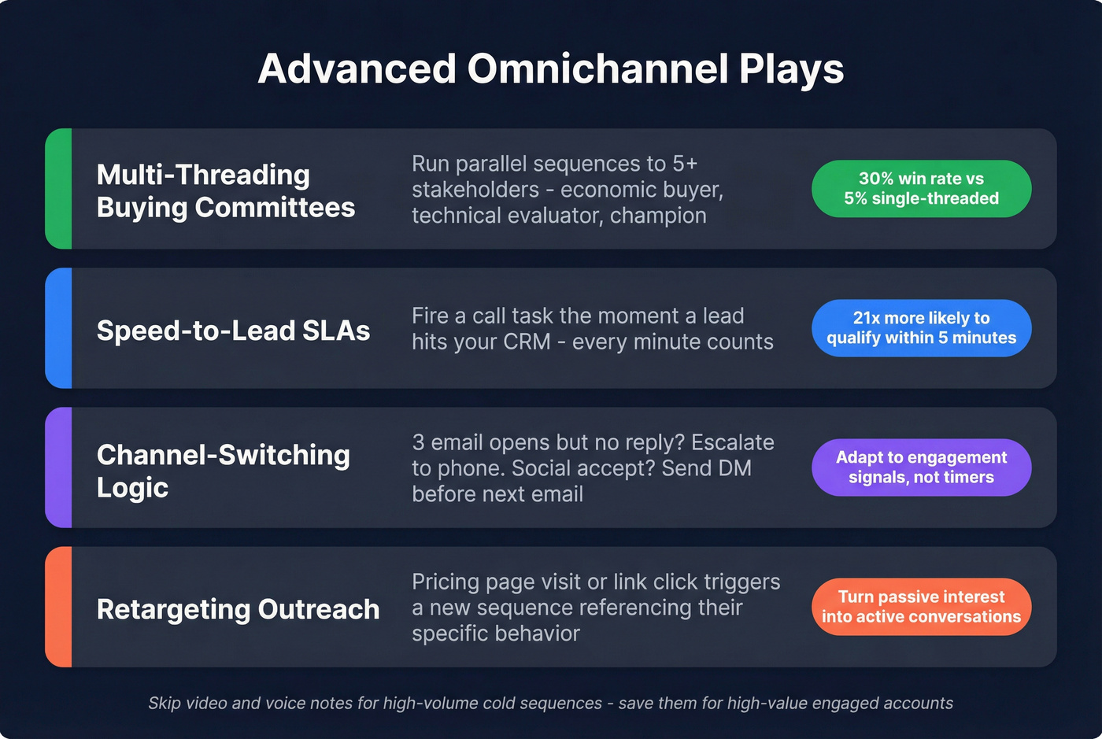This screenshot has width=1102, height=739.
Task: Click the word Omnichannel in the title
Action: tap(598, 69)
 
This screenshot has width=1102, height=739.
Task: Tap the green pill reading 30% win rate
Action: tap(921, 189)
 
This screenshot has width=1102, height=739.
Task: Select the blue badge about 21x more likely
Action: tap(921, 328)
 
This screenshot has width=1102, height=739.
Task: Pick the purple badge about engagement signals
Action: tap(921, 467)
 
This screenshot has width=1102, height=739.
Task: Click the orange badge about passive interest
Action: tap(921, 607)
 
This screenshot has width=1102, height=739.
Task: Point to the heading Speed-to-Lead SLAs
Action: tap(233, 331)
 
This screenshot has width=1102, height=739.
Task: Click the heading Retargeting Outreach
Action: tap(238, 609)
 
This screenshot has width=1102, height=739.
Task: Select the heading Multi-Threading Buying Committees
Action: tap(225, 191)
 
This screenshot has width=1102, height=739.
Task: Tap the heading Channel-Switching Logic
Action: tap(223, 471)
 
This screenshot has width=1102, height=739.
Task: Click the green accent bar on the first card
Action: tap(59, 189)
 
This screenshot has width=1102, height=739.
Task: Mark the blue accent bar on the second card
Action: tap(59, 328)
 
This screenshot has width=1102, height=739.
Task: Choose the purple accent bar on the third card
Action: tap(59, 467)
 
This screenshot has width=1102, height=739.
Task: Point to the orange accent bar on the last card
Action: tap(59, 607)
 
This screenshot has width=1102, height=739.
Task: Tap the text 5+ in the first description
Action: tap(685, 164)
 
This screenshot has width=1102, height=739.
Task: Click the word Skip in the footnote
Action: tap(164, 704)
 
